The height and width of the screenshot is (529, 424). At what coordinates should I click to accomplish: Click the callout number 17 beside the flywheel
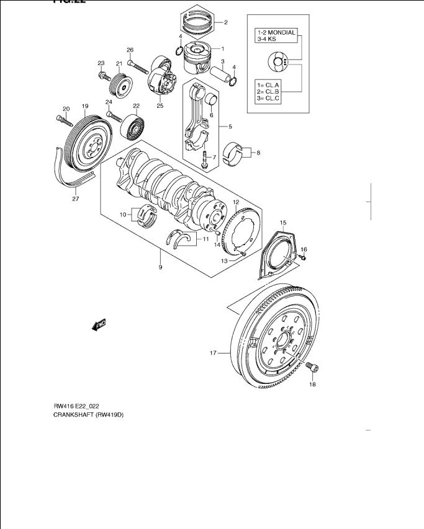(x=212, y=353)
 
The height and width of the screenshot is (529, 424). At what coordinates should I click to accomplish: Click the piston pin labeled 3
(x=219, y=75)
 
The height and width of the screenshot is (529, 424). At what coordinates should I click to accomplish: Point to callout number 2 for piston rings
(x=225, y=23)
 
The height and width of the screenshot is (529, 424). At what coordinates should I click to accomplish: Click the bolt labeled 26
(x=141, y=64)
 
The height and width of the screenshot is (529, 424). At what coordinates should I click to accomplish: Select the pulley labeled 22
(x=134, y=127)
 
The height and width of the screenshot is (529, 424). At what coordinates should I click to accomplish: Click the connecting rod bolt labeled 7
(x=205, y=161)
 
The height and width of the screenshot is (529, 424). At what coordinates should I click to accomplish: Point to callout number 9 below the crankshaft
(x=160, y=267)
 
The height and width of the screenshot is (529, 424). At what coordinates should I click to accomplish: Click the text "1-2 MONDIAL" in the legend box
(x=277, y=33)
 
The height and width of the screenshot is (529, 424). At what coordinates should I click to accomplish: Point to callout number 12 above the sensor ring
(x=236, y=203)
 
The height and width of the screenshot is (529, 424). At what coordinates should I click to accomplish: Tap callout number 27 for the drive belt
(x=75, y=200)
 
